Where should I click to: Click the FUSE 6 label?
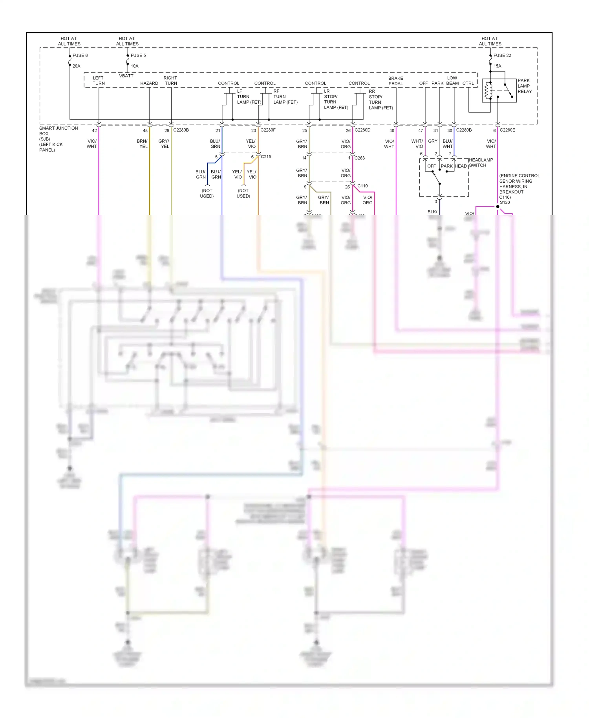pyautogui.click(x=80, y=55)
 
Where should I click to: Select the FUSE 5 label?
pyautogui.click(x=138, y=55)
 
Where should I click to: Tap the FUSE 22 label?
pyautogui.click(x=502, y=55)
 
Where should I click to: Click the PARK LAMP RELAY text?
pyautogui.click(x=524, y=86)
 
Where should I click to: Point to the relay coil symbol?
pyautogui.click(x=488, y=91)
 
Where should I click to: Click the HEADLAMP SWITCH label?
pyautogui.click(x=481, y=163)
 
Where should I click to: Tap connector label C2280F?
pyautogui.click(x=268, y=130)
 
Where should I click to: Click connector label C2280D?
pyautogui.click(x=362, y=130)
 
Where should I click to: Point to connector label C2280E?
pyautogui.click(x=507, y=130)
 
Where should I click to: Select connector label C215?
pyautogui.click(x=266, y=157)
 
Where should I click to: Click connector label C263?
pyautogui.click(x=360, y=158)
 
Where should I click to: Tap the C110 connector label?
pyautogui.click(x=362, y=186)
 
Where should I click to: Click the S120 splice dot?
pyautogui.click(x=498, y=207)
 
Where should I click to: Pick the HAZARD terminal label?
pyautogui.click(x=149, y=83)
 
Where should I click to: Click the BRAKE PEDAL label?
pyautogui.click(x=396, y=81)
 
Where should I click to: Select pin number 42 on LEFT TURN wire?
pyautogui.click(x=94, y=131)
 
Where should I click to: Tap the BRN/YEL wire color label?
pyautogui.click(x=142, y=144)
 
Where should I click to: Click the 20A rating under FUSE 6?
pyautogui.click(x=76, y=66)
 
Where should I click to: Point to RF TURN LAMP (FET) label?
pyautogui.click(x=285, y=97)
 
